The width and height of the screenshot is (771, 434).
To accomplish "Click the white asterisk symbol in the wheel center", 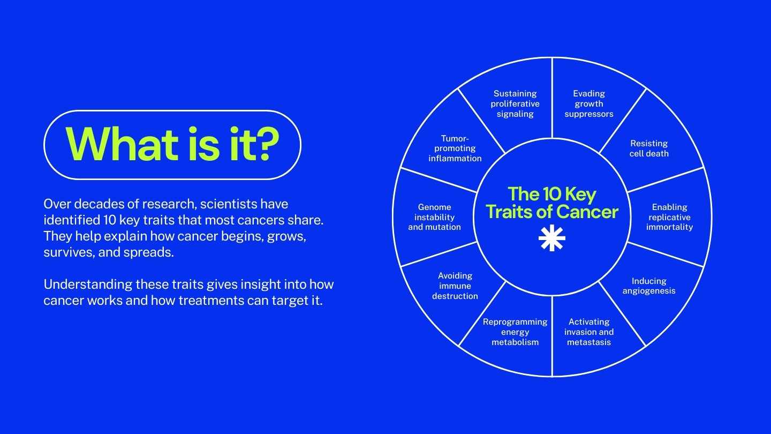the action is pyautogui.click(x=551, y=238).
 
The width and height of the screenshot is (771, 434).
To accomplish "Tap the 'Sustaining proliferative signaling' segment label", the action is pyautogui.click(x=515, y=104).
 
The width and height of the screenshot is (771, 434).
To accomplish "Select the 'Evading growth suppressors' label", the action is pyautogui.click(x=589, y=104).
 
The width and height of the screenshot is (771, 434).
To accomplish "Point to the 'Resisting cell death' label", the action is pyautogui.click(x=649, y=148).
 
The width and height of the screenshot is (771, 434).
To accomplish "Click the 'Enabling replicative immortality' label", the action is pyautogui.click(x=669, y=217).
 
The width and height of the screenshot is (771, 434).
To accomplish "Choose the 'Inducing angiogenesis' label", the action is pyautogui.click(x=649, y=286).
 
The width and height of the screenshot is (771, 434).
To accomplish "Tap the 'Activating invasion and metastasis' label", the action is pyautogui.click(x=589, y=332).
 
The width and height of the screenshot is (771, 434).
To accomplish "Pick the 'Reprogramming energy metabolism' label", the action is pyautogui.click(x=515, y=332).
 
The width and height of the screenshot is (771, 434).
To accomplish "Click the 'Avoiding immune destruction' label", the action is pyautogui.click(x=455, y=286).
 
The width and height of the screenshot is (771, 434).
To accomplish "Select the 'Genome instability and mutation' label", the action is pyautogui.click(x=434, y=217).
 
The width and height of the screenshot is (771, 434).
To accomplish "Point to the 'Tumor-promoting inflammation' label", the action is pyautogui.click(x=455, y=148).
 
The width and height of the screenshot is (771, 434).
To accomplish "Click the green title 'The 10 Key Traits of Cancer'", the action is pyautogui.click(x=552, y=203).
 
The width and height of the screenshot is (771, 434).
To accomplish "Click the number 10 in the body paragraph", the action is pyautogui.click(x=109, y=220).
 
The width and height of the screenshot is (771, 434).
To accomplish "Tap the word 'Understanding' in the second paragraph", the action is pyautogui.click(x=88, y=285).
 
